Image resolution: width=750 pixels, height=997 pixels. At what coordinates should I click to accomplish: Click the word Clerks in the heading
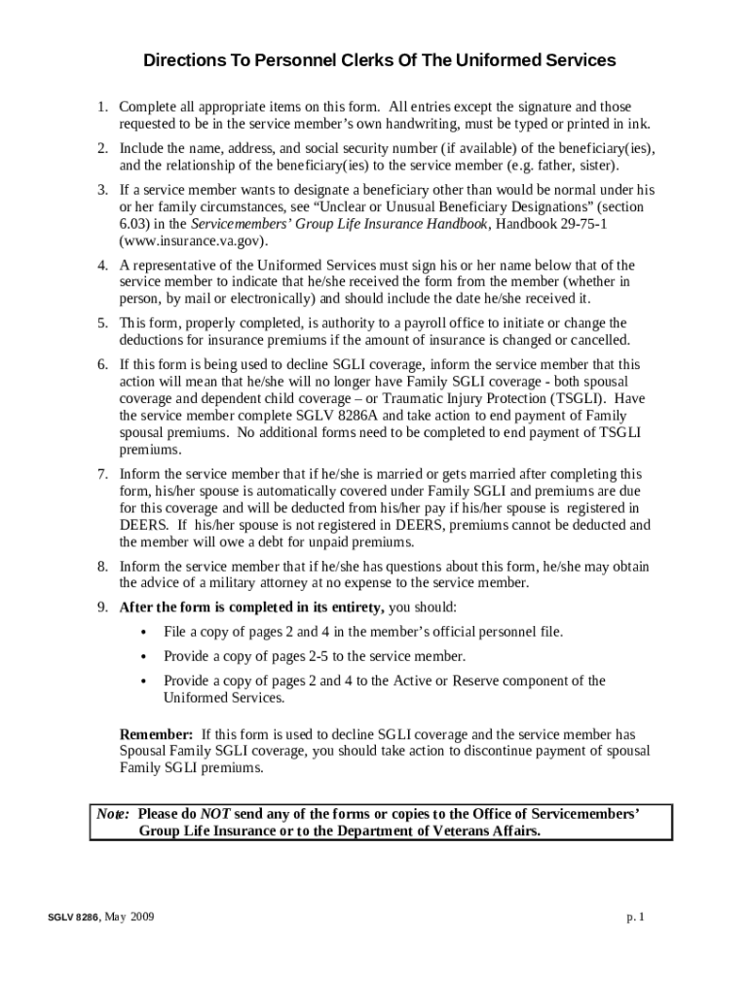tap(367, 61)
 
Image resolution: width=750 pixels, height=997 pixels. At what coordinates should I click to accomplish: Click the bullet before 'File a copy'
tap(144, 633)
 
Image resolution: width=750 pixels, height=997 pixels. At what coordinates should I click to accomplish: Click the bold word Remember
tap(155, 734)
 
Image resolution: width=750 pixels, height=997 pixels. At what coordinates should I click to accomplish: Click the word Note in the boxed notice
tap(112, 813)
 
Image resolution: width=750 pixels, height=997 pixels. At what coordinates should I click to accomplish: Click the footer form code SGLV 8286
tap(73, 918)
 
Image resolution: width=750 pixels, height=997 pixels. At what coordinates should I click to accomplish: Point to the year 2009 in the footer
tap(140, 918)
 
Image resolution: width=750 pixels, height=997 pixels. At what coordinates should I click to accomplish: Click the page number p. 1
tap(637, 918)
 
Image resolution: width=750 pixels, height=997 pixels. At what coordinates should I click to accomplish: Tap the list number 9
tap(101, 608)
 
